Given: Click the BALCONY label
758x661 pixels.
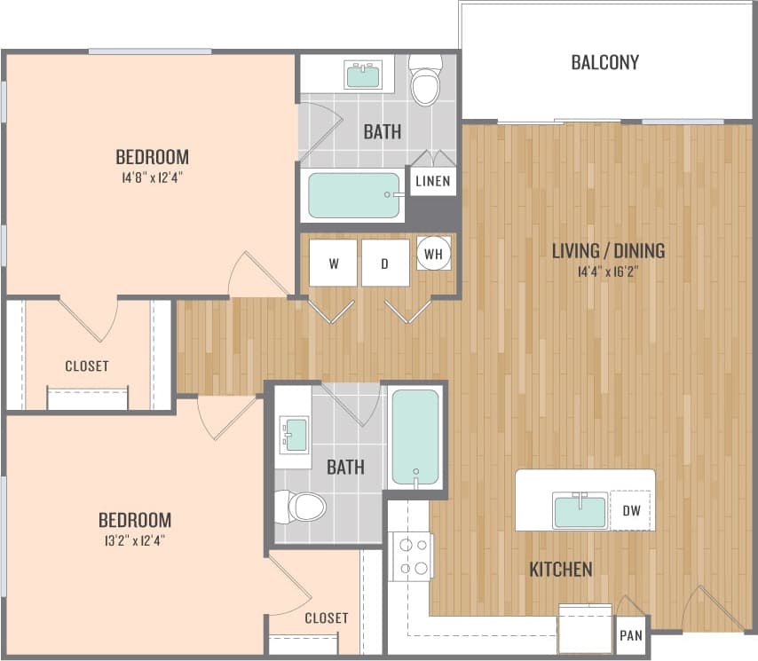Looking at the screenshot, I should tap(604, 63).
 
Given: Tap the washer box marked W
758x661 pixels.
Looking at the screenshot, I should tap(333, 263).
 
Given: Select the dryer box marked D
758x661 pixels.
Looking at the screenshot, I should tap(385, 263).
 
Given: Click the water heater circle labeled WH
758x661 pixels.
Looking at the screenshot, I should tap(434, 254).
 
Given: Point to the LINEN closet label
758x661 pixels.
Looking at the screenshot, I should tap(433, 182).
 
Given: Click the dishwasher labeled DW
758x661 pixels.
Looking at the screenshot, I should tap(632, 510).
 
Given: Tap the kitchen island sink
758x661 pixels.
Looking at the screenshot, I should tap(580, 511).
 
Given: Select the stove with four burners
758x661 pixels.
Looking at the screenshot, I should tap(411, 556).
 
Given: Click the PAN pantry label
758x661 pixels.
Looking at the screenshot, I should tap(631, 635).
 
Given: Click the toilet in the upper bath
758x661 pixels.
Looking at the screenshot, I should tap(426, 80).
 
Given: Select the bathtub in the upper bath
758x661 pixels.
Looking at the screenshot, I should tap(354, 195).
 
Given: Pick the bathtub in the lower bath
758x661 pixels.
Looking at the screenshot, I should tap(415, 437).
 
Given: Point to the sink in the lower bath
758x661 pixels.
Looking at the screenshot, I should tap(295, 435).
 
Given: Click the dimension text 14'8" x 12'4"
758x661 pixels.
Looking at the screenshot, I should tap(152, 177).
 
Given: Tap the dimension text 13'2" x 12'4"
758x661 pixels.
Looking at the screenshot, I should tap(134, 539).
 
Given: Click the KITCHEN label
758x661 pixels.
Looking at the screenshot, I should tap(561, 570).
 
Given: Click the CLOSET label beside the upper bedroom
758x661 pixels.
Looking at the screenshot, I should tap(87, 366).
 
